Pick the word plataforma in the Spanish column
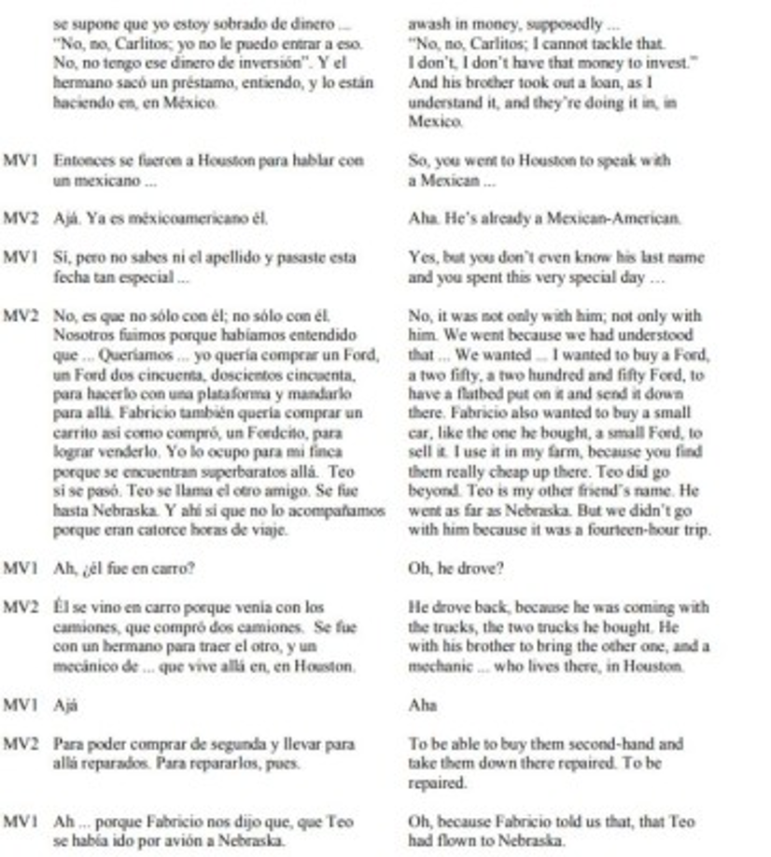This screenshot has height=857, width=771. [224, 394]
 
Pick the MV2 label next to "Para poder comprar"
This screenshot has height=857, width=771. [21, 744]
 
